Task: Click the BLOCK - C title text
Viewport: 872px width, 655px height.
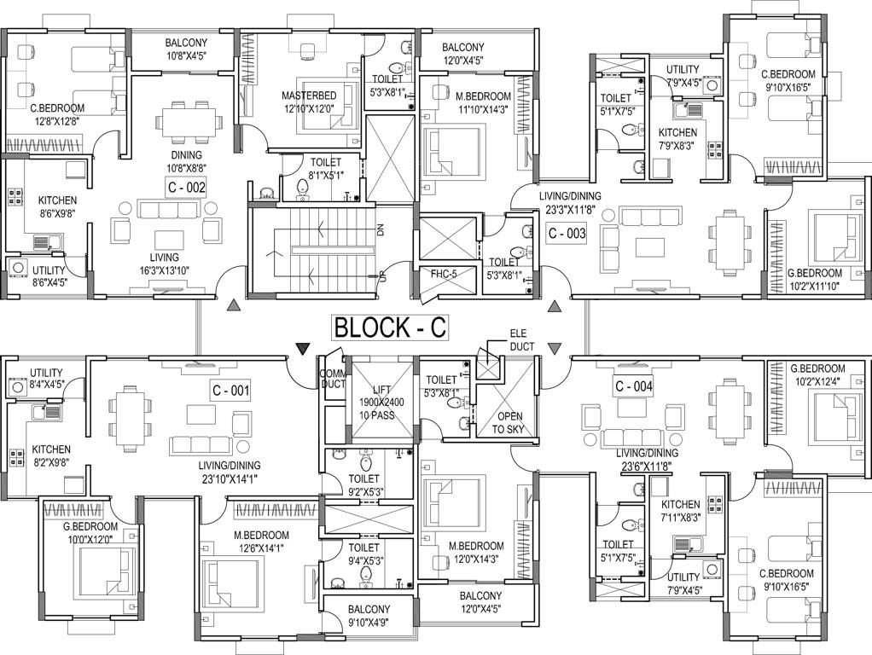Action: tap(390, 327)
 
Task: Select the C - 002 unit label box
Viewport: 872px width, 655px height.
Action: tap(186, 188)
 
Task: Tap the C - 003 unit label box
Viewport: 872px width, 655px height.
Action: tap(567, 233)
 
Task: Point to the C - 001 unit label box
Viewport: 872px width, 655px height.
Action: tap(230, 391)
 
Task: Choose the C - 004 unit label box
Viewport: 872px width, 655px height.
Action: tap(634, 386)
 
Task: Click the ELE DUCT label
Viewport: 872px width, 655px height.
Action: tap(522, 340)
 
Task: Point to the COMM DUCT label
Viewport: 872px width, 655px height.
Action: tap(331, 380)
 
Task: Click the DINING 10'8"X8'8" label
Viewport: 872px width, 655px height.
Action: tap(186, 162)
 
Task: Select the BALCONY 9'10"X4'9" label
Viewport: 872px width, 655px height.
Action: tap(369, 616)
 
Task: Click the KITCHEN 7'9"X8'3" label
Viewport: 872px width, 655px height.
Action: tap(677, 139)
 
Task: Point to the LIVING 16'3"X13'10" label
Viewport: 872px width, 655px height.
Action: tap(164, 264)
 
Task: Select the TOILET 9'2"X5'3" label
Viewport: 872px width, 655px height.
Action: tap(363, 485)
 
